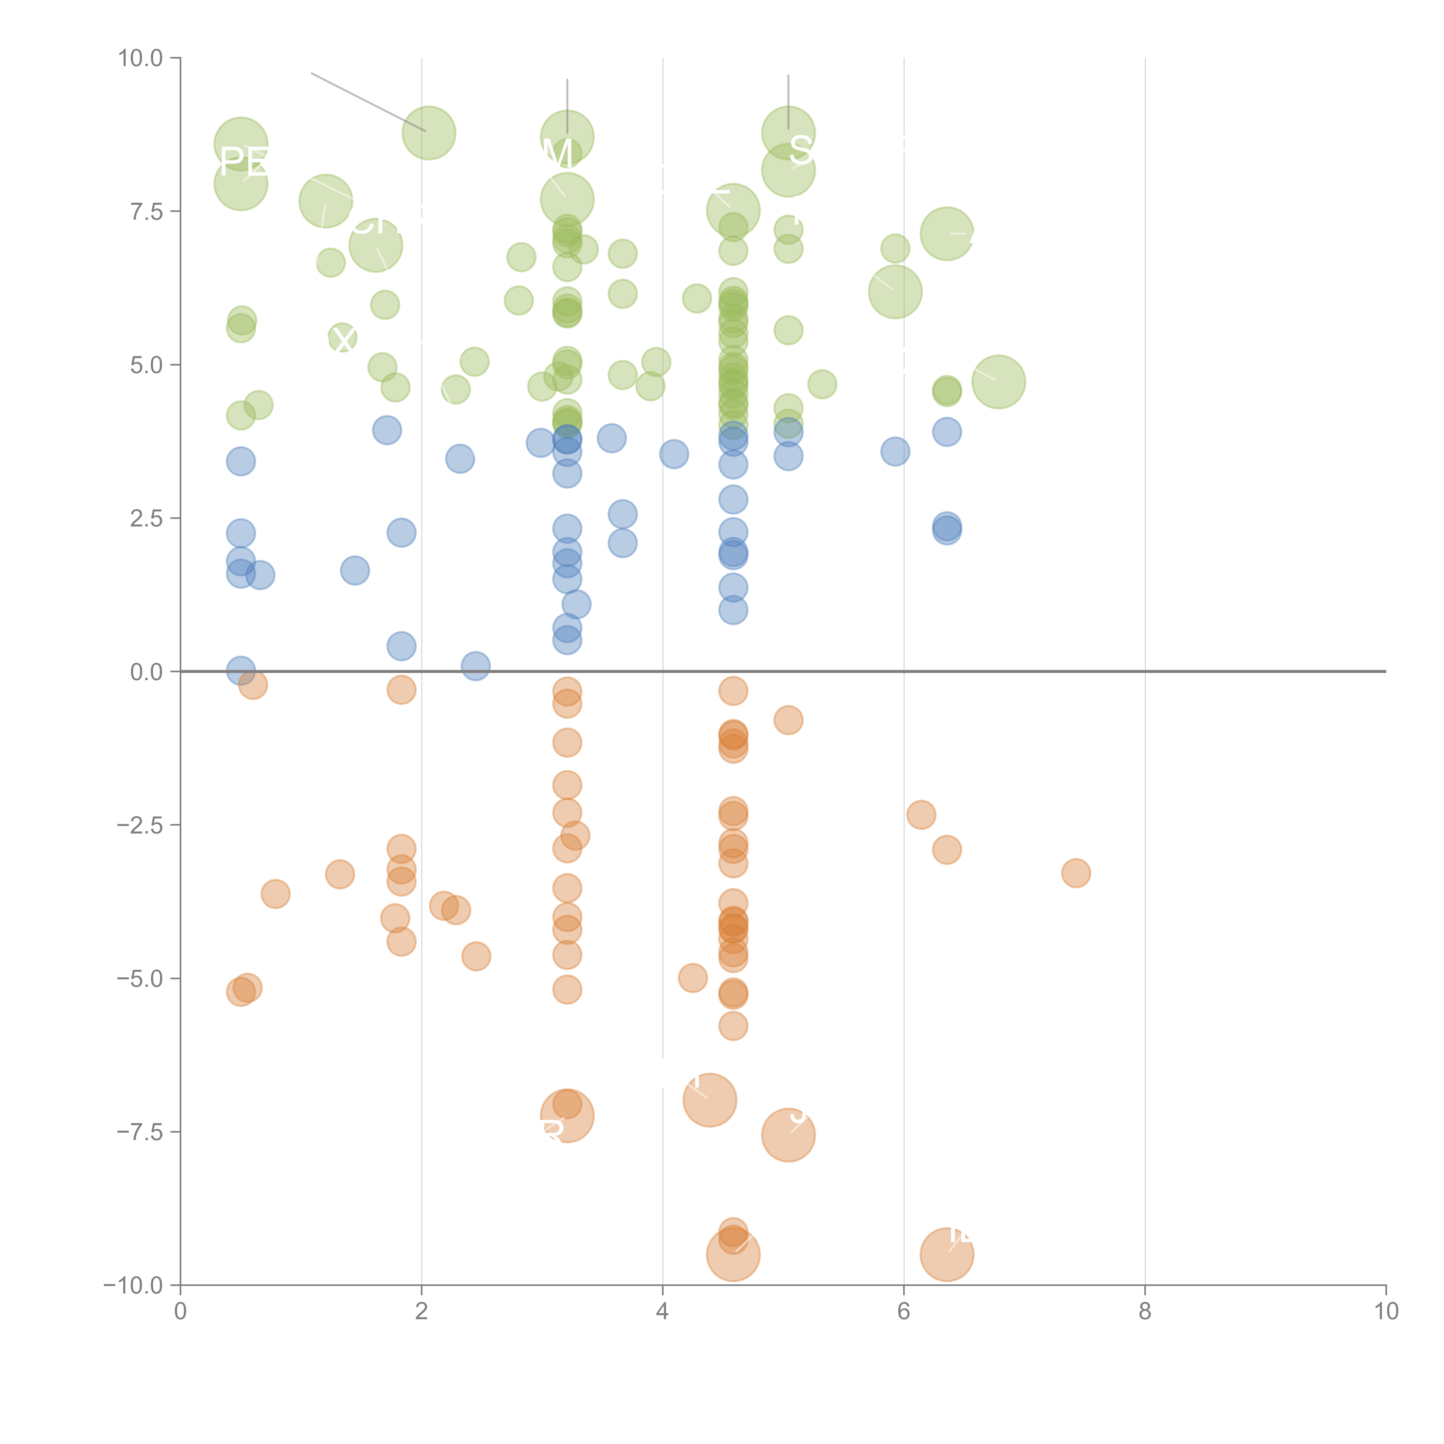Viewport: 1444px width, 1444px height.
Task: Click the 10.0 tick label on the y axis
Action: pos(141,58)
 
